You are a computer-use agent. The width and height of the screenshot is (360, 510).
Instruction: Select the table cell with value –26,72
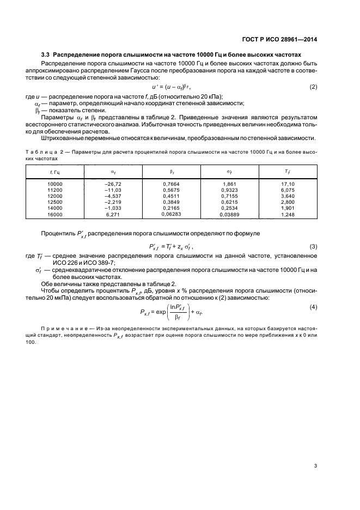tap(112, 184)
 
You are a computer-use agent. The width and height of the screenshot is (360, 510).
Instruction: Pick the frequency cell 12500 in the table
tap(56, 202)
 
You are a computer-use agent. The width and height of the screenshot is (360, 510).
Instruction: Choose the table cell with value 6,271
tap(112, 214)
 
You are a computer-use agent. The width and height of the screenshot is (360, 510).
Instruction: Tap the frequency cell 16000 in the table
tap(56, 214)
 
